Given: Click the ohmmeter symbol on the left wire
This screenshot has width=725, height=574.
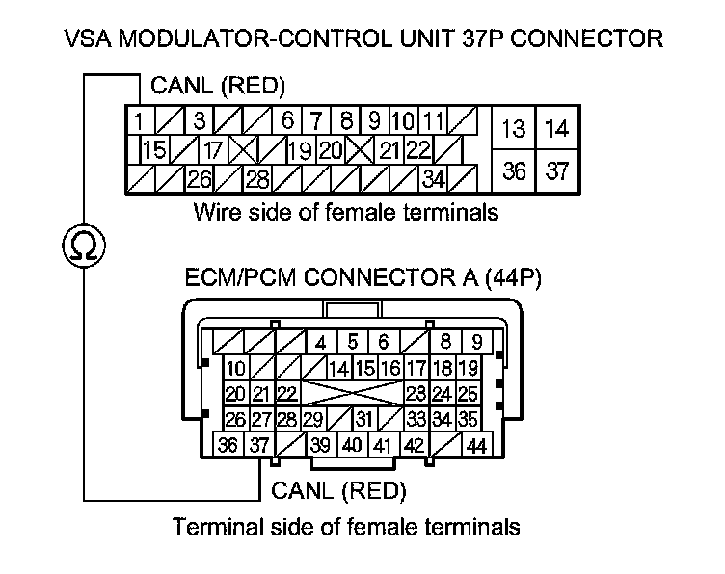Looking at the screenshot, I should click(x=85, y=247).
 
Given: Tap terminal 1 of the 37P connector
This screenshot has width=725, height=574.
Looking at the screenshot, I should click(x=140, y=122).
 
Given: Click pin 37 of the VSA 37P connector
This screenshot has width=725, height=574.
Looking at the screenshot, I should click(x=556, y=171).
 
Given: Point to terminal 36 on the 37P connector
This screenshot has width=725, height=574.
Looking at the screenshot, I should click(x=515, y=171).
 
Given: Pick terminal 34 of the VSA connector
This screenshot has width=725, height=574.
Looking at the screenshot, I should click(x=434, y=178).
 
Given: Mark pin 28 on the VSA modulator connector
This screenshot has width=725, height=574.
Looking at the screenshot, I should click(x=257, y=178).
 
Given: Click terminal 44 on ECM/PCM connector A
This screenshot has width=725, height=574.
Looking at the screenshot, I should click(x=476, y=446).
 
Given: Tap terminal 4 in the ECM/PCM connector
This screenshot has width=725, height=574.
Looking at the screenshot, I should click(x=321, y=342).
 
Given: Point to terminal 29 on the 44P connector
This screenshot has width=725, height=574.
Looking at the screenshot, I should click(x=311, y=420).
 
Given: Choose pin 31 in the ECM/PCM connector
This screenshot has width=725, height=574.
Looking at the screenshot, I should click(x=363, y=420).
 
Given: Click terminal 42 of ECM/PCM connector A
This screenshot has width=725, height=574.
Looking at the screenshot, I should click(x=414, y=446).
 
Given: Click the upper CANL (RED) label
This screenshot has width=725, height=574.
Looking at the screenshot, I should click(x=219, y=88).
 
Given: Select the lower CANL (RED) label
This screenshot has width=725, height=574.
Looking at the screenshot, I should click(x=338, y=491).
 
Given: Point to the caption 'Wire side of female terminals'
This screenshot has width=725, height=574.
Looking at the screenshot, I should click(x=346, y=211).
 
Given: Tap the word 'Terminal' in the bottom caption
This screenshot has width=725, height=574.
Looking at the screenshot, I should click(x=210, y=527).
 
